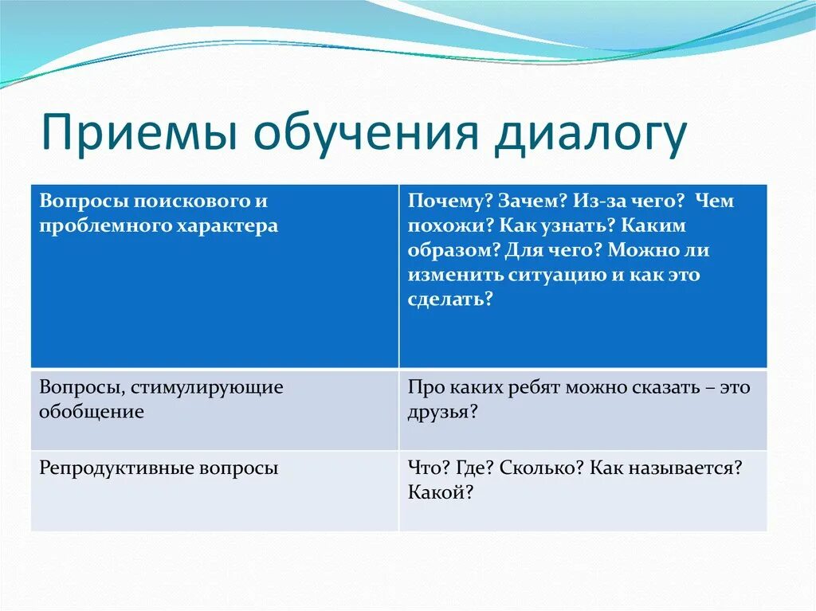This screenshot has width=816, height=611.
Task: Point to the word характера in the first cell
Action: (228, 226)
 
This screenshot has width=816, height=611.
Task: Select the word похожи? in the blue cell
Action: (451, 226)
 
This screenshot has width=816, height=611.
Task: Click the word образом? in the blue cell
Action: (453, 250)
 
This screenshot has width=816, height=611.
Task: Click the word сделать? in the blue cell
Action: (449, 300)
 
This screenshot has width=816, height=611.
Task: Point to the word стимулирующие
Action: (208, 388)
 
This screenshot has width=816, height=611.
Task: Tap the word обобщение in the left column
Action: (92, 412)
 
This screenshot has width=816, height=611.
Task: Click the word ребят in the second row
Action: (532, 388)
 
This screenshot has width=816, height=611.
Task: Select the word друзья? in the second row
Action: (442, 413)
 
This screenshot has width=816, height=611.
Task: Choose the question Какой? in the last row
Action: (440, 492)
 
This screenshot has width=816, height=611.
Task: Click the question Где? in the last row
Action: (475, 468)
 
